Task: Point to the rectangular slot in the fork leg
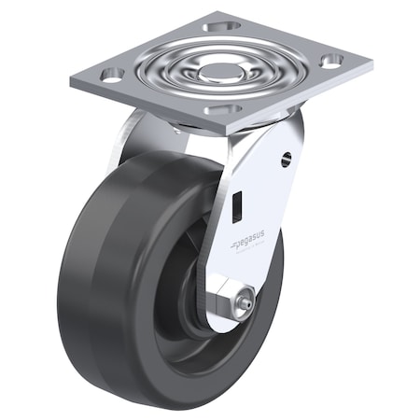(239, 199)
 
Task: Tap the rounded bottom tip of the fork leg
(224, 322)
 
